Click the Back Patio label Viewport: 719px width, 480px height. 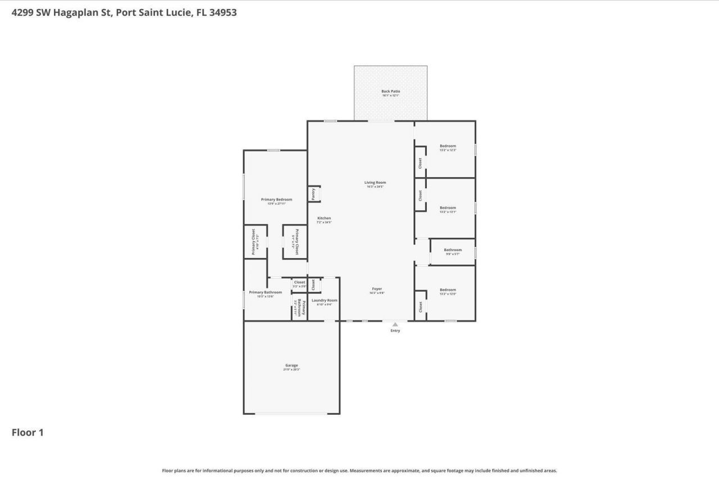pos(390,91)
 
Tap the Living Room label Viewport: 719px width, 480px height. pos(375,183)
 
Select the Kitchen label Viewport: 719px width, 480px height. pos(324,218)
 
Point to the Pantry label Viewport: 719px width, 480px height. pos(313,194)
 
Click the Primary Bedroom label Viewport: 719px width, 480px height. pos(276,200)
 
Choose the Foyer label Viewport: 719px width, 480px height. pos(377,289)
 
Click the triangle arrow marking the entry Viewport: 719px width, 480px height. pos(395,324)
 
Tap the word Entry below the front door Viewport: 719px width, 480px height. pos(395,330)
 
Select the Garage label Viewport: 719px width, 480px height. pos(291,365)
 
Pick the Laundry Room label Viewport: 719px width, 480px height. pos(325,300)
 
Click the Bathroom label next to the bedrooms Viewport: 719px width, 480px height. pos(453,250)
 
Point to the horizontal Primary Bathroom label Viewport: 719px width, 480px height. pos(265,292)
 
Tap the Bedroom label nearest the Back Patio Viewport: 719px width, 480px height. pos(448,146)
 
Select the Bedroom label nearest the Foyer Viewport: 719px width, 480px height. pos(448,290)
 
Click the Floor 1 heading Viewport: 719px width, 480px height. pos(28,432)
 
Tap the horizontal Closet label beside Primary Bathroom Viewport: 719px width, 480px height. pos(299,282)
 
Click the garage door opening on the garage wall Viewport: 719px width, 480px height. pos(291,414)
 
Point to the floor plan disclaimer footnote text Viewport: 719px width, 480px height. pos(359,470)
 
